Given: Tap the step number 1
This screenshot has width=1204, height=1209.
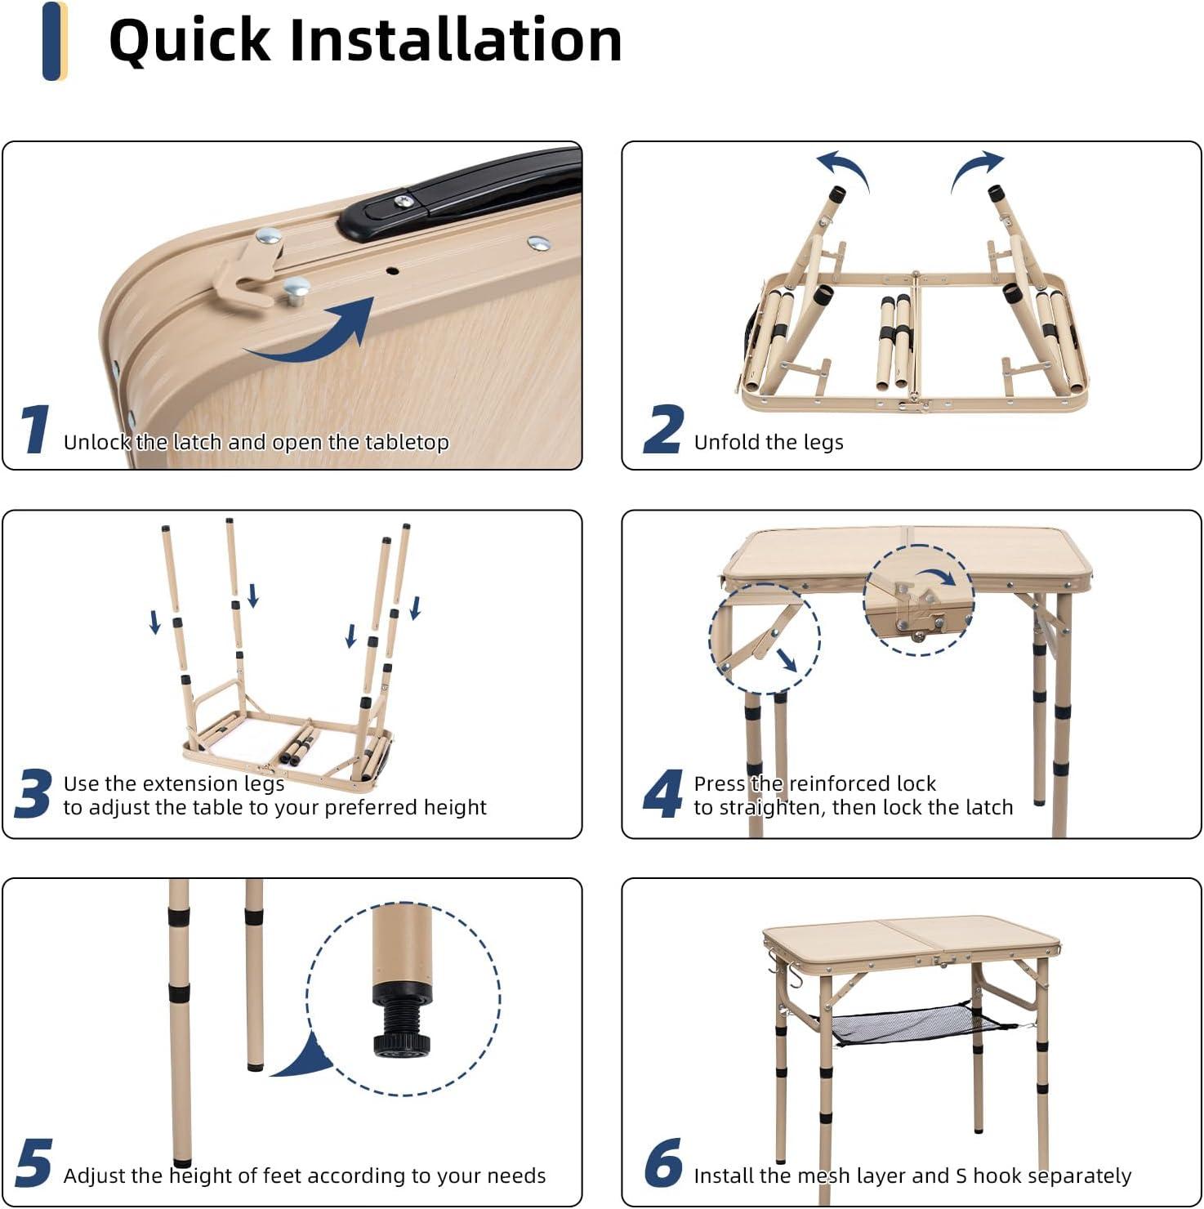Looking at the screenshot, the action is coord(34,429).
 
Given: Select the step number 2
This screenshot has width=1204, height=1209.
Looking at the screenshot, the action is coord(663,429).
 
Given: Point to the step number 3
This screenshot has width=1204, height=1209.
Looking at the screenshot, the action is coord(33,793).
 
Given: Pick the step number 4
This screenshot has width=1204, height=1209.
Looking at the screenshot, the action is coord(663,793).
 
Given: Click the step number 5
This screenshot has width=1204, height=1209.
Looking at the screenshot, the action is coord(33,1162).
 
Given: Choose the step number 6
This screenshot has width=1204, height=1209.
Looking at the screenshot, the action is coord(663,1162).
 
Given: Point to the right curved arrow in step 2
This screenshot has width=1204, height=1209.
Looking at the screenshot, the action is coord(974,169).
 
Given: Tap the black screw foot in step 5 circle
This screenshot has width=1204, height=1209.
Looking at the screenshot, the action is coord(401,1021).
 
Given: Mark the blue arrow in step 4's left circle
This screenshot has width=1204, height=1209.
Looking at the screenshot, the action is coord(786,659).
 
